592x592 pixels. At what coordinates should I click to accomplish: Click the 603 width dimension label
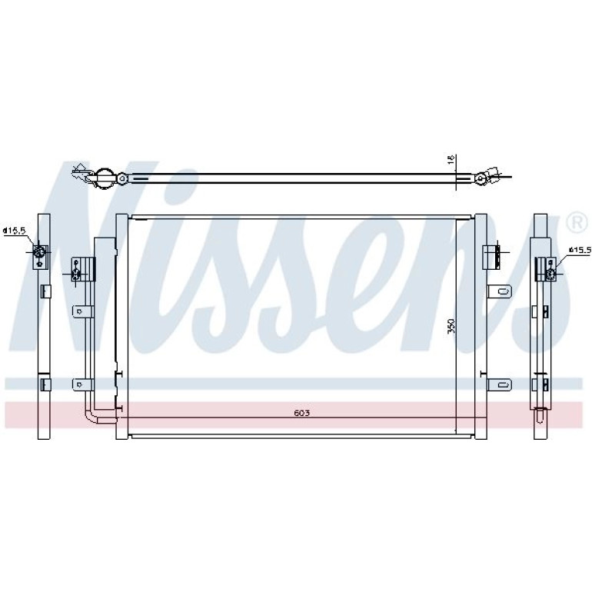(301, 413)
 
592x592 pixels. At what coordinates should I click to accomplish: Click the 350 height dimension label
(451, 326)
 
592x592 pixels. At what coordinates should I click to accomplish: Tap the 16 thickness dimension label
(451, 159)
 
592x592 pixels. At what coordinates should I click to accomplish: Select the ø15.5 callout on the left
(14, 231)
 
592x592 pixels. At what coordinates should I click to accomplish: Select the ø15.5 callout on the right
(580, 250)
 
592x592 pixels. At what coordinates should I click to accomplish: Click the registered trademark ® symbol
(577, 224)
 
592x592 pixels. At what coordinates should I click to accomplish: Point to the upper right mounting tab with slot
(500, 291)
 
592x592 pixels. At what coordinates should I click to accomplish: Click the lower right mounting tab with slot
(500, 384)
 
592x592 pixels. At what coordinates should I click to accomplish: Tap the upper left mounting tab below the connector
(83, 311)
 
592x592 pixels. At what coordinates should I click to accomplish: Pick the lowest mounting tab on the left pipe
(83, 384)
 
